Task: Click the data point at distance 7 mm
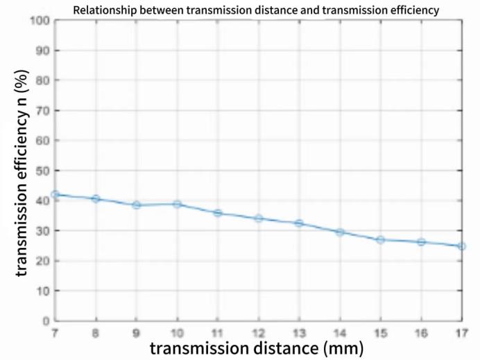click(55, 195)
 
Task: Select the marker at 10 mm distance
click(177, 204)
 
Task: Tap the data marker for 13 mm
click(299, 223)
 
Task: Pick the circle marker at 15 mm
click(381, 240)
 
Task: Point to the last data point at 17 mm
click(462, 246)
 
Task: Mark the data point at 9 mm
click(137, 205)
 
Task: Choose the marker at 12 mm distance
click(259, 218)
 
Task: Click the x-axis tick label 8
click(96, 333)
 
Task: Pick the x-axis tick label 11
click(218, 333)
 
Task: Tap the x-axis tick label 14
click(340, 333)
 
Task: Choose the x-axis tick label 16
click(421, 333)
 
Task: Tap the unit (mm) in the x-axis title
click(339, 348)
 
